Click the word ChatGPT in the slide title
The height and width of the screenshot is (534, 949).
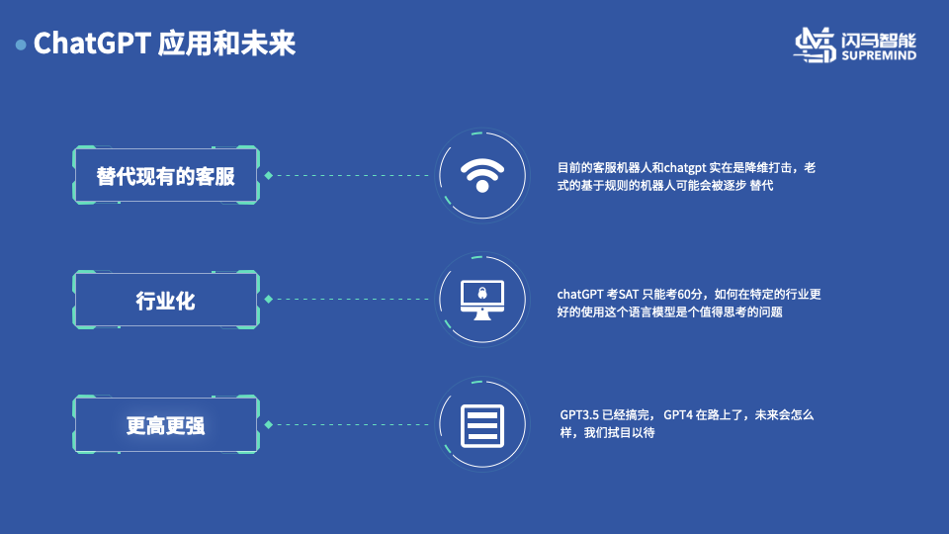pos(92,44)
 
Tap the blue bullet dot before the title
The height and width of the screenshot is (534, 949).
pos(21,45)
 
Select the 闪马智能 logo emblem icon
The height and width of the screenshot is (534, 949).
pos(817,45)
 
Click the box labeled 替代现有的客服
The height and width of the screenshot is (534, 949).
pos(166,176)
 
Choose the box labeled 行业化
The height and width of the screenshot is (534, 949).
pos(166,300)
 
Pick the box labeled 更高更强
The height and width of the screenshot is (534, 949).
pos(166,425)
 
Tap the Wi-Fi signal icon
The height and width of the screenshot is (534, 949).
pos(481,175)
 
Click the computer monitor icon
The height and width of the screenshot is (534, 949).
pos(481,299)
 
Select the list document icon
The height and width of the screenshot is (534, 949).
pos(481,424)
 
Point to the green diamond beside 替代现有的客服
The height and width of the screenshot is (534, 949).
pos(268,176)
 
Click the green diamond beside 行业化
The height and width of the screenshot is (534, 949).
pos(268,299)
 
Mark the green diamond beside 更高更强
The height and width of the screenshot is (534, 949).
pos(268,424)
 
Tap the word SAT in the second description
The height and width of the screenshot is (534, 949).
pos(630,294)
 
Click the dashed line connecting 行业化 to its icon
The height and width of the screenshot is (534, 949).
pos(351,299)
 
